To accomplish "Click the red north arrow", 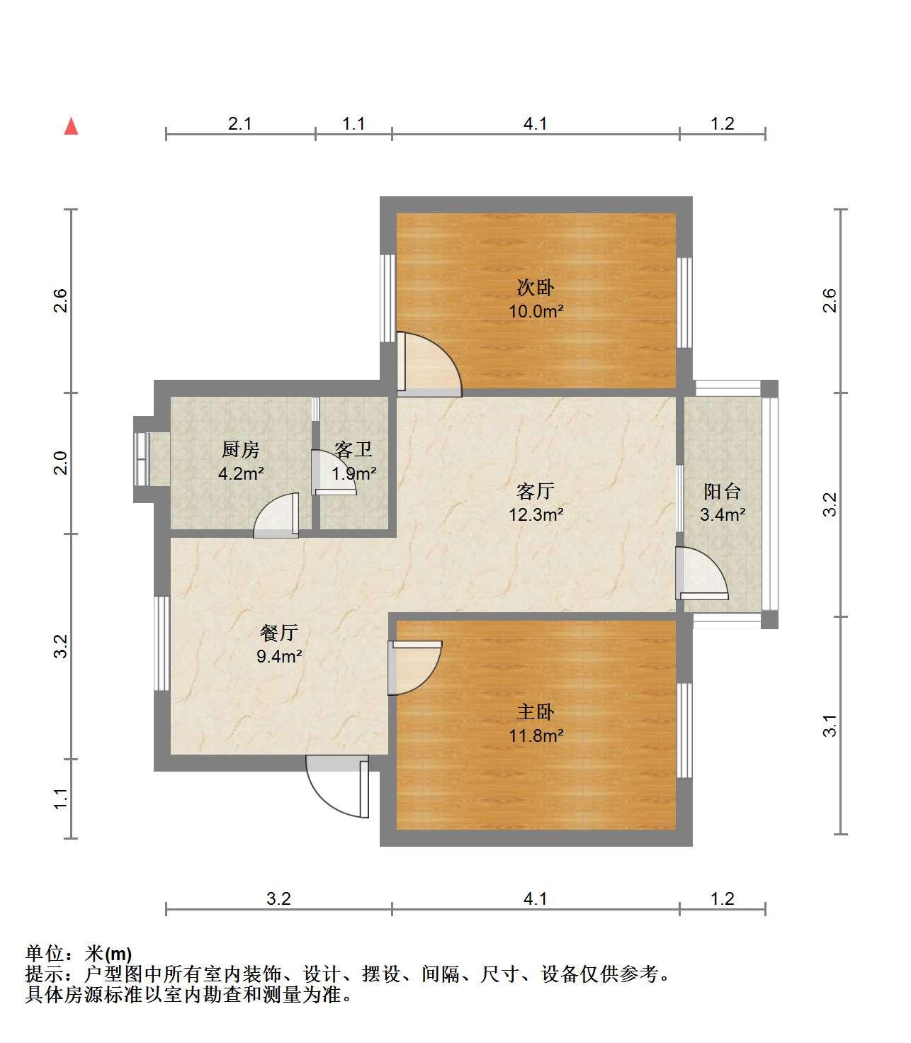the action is point(72,126).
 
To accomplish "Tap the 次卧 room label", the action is point(536,288).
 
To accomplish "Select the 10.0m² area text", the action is point(536,311).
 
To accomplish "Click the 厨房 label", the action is point(240,450).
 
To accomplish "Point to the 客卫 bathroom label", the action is point(353,450).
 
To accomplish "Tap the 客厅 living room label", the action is point(536,492).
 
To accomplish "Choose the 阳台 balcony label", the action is point(722,492).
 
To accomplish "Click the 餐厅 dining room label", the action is point(278,633).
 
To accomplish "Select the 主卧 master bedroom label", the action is point(536,712).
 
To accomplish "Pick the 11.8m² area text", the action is point(536,735).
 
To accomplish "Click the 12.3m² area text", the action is point(536,514).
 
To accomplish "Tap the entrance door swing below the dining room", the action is point(337,786).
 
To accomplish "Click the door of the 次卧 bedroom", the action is point(429,364).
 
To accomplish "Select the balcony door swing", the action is point(701,573).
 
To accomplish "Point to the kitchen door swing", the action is point(276,515).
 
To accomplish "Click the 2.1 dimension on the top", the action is point(239,124).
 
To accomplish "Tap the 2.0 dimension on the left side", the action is point(61,463).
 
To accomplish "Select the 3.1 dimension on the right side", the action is point(830,726).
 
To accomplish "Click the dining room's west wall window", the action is point(162,643).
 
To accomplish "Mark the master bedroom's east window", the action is point(684,731).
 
